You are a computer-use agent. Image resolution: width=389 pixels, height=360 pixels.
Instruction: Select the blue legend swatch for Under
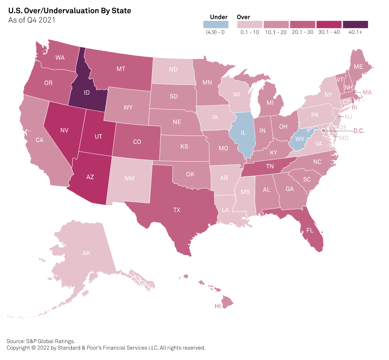click(x=216, y=24)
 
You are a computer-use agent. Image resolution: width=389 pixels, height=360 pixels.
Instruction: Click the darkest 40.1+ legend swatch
click(x=355, y=24)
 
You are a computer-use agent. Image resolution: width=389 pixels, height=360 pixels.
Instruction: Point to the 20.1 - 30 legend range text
click(x=303, y=32)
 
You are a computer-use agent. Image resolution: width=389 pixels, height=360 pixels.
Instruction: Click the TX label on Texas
click(x=177, y=211)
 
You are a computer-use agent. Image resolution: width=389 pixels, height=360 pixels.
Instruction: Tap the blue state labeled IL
click(x=243, y=133)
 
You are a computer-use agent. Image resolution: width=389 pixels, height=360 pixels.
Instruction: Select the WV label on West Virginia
click(x=297, y=138)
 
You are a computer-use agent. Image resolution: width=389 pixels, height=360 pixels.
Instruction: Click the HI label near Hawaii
click(x=217, y=306)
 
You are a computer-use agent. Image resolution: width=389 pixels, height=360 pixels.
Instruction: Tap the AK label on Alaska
click(x=86, y=253)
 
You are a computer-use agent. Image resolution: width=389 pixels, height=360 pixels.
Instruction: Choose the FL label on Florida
click(x=310, y=231)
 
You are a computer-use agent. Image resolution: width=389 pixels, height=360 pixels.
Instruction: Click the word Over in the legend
click(x=244, y=17)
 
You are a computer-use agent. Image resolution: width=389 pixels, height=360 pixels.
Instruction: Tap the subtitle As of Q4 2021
click(x=32, y=20)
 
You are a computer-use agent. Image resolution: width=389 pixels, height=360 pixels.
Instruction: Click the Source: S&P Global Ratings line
click(x=41, y=341)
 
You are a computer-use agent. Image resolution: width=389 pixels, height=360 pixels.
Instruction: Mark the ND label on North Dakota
click(x=173, y=69)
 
